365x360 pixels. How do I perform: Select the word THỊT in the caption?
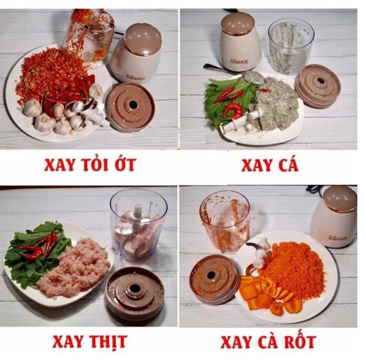point(108,342)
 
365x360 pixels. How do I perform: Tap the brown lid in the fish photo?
point(318,86)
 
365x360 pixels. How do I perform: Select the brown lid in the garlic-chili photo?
point(131,107)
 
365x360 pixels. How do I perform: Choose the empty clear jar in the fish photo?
point(291,48)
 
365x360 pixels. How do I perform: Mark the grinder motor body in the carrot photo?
point(335,218)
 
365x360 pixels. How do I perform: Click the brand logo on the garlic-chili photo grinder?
point(136,78)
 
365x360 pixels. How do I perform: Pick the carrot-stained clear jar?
point(225,223)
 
